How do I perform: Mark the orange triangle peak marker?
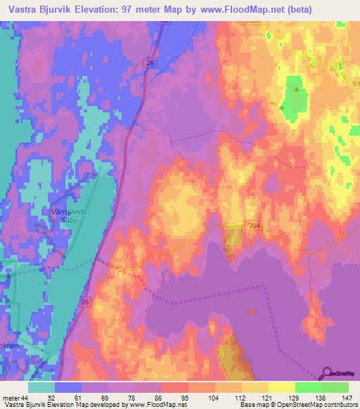tap(273, 103)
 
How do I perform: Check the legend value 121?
tap(267, 398)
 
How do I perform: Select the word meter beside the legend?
tap(10, 398)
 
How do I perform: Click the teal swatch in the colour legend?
tap(41, 387)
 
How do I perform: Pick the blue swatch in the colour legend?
tap(68, 387)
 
